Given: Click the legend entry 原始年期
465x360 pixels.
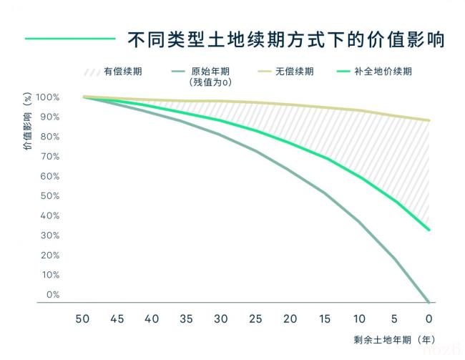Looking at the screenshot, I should (209, 72).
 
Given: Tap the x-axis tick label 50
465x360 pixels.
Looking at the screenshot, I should (83, 318).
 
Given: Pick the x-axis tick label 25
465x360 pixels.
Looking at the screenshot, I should (255, 318).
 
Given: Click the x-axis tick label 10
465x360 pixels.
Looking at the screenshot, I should (360, 318).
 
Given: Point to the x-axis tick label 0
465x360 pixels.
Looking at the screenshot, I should (428, 318).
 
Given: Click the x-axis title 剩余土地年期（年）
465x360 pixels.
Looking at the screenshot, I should (393, 339).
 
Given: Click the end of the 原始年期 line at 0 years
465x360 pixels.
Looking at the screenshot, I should (428, 301).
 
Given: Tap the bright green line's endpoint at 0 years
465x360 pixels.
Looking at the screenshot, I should (428, 230).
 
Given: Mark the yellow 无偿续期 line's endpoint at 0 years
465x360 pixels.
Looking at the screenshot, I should (428, 120).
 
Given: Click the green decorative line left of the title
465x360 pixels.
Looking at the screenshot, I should (70, 39).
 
